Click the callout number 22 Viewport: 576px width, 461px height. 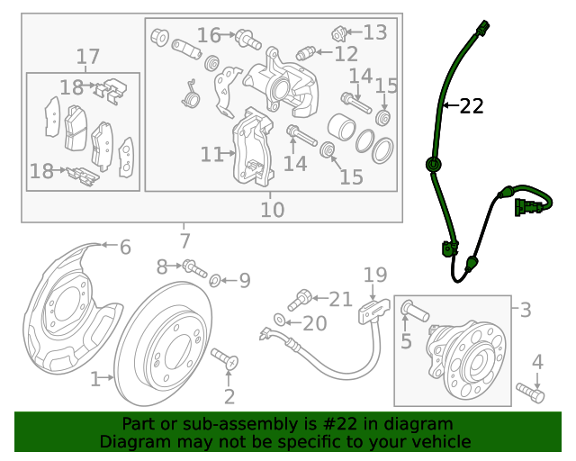(472, 106)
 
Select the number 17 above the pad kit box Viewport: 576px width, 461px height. (87, 58)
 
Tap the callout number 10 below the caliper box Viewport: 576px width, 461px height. (272, 210)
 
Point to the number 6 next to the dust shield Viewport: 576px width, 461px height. (124, 247)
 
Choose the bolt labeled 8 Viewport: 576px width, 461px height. (193, 267)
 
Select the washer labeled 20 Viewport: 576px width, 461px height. (280, 321)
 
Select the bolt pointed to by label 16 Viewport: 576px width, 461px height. (244, 38)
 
